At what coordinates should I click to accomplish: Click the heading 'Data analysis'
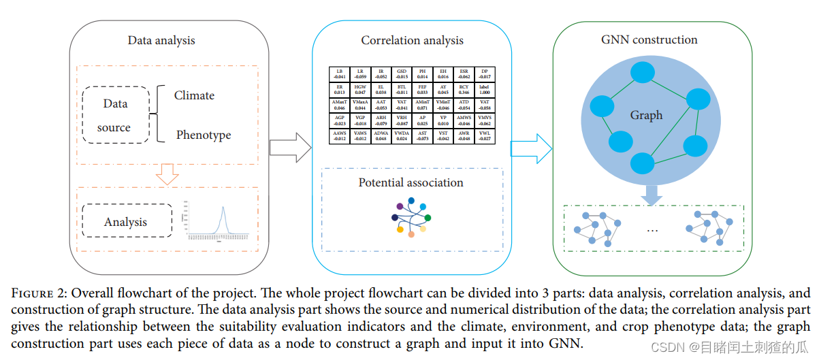coord(161,40)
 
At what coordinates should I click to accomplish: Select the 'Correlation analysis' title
coord(412,40)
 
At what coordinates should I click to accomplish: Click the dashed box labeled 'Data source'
coord(115,115)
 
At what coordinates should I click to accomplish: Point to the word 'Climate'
coord(194,95)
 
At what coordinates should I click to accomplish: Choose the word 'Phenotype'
coord(204,135)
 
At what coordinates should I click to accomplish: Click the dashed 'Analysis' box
coord(126,222)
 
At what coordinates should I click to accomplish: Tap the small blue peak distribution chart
coord(219,220)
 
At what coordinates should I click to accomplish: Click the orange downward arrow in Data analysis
coord(166,175)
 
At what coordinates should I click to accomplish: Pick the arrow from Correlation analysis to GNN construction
coord(531,148)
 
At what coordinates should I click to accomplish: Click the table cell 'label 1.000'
coord(484,89)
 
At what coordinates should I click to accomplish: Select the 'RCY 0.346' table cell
coord(464,89)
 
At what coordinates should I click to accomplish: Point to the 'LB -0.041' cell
coord(339,74)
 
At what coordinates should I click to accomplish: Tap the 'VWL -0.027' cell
coord(484,135)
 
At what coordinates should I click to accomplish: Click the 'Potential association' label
coord(411,182)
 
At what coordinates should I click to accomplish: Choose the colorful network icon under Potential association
coord(411,217)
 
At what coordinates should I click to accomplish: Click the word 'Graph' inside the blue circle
coord(646,115)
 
